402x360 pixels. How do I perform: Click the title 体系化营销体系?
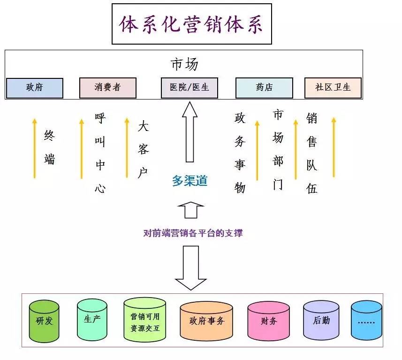(x=191, y=24)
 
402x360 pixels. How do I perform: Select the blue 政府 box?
(x=35, y=88)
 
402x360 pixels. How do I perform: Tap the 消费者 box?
(x=107, y=88)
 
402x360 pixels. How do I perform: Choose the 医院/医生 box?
(x=189, y=88)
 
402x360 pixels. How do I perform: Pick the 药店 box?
(x=264, y=88)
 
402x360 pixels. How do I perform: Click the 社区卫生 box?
(x=333, y=88)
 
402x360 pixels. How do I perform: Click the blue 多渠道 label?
(x=190, y=181)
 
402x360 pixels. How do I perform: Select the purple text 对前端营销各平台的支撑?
(x=193, y=232)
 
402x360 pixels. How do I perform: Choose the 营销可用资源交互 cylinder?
(x=145, y=322)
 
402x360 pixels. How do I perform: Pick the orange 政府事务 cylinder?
(x=206, y=322)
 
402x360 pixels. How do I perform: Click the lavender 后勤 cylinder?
(x=321, y=322)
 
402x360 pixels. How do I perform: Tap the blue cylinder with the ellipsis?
(x=367, y=322)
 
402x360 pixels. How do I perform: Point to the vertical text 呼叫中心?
(x=100, y=153)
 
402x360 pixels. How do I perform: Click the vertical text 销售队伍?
(x=312, y=153)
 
